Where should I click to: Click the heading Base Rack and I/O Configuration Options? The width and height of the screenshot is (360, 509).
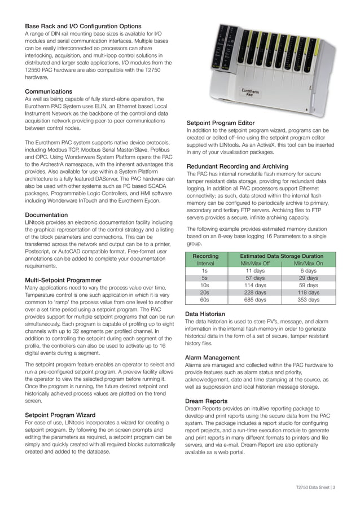tap(83, 26)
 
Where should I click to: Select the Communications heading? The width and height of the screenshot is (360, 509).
tap(49, 91)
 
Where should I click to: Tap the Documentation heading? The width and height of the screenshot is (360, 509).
tap(46, 215)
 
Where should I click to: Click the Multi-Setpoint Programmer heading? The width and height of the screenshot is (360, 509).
tap(63, 280)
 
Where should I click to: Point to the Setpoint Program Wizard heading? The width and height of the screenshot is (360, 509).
tap(59, 415)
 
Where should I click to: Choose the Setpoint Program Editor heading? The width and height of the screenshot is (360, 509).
tap(220, 122)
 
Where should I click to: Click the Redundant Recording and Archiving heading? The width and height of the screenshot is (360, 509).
tap(237, 166)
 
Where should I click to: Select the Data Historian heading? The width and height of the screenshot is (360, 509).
tap(205, 314)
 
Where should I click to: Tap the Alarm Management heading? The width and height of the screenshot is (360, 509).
tap(212, 357)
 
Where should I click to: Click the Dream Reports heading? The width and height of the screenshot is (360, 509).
tap(207, 401)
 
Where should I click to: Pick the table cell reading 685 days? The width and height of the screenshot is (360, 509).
tap(255, 300)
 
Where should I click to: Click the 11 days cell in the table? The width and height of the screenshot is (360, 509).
tap(255, 271)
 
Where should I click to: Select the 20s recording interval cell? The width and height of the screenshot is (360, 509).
tap(205, 293)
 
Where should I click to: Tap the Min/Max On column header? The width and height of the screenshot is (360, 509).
tap(308, 264)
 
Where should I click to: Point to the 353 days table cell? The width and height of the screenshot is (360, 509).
tap(308, 300)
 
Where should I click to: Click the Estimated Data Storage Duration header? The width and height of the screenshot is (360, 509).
tap(282, 256)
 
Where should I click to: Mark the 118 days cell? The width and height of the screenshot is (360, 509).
tap(308, 293)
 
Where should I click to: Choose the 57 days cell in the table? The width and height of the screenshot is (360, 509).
tap(255, 278)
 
